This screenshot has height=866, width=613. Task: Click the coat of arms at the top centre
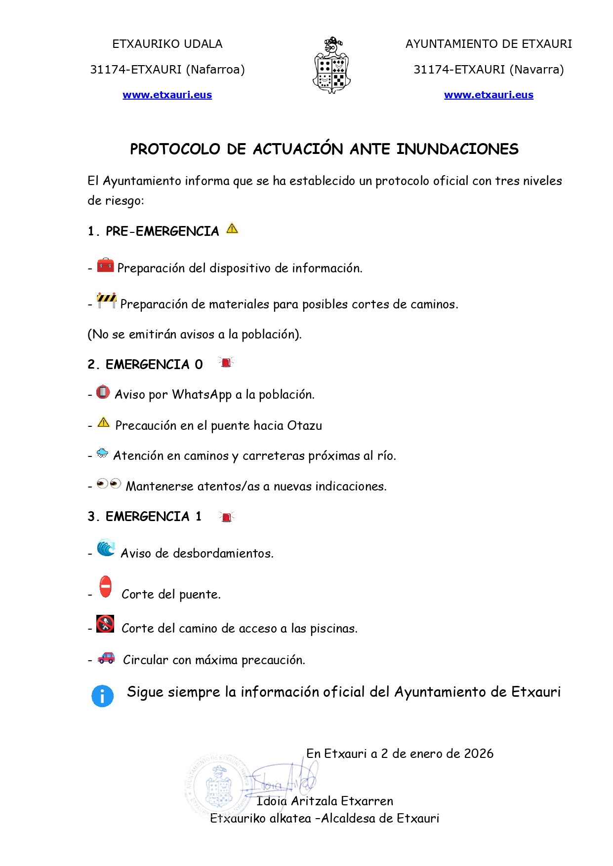[332, 66]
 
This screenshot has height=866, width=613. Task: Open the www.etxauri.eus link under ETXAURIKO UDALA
[167, 95]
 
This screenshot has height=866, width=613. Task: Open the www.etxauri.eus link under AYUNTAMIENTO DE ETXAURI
[489, 95]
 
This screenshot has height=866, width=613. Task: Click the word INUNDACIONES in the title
[457, 149]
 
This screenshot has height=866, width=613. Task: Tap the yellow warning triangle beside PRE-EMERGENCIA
[232, 229]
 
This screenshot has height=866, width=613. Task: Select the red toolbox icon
[105, 265]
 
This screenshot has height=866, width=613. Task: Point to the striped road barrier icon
[107, 300]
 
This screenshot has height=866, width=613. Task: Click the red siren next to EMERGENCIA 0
[226, 363]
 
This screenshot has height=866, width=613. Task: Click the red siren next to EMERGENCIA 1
[227, 517]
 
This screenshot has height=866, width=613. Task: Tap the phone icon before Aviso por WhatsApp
[103, 392]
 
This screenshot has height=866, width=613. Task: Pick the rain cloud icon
[102, 453]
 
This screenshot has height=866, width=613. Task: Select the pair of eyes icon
[109, 484]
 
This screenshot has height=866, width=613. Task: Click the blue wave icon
[106, 548]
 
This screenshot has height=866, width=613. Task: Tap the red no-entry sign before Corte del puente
[105, 587]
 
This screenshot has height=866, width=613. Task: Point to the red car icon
[106, 658]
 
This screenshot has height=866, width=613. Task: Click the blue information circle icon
[102, 696]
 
